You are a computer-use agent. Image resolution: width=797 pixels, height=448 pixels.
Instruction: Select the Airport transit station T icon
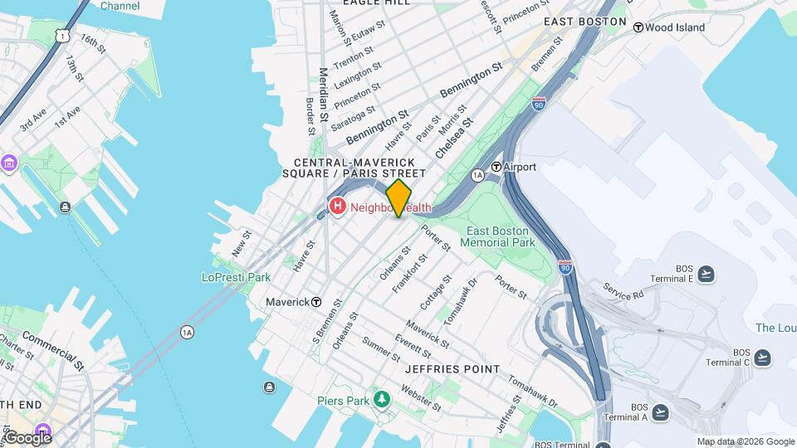click(x=496, y=167)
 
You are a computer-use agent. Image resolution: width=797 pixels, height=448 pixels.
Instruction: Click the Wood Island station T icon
click(x=638, y=27)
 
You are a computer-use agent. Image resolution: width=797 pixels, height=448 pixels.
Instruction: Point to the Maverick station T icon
click(x=316, y=302)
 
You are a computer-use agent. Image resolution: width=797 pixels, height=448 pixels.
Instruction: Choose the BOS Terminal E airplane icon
click(x=706, y=274)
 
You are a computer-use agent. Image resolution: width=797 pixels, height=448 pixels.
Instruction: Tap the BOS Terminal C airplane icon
click(x=762, y=358)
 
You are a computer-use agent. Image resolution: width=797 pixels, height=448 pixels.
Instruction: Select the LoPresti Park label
click(x=237, y=277)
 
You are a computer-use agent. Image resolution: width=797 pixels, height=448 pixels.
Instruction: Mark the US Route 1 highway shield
click(x=61, y=35)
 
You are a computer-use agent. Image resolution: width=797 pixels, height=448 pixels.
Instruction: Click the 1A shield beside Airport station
click(x=477, y=175)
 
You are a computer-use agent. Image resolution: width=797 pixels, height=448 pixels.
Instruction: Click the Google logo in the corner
click(x=27, y=437)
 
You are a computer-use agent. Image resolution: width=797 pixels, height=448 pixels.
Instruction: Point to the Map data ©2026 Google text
click(x=746, y=442)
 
